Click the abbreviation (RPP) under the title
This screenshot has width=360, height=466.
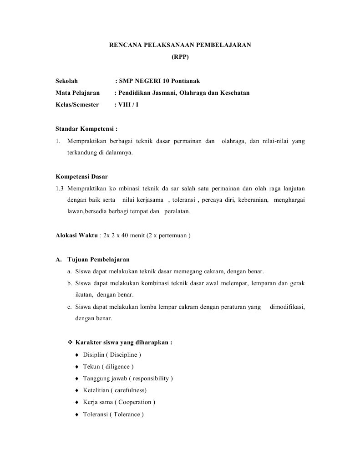[x=180, y=57]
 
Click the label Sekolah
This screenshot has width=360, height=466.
[x=66, y=81]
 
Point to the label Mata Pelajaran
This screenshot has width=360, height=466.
[x=77, y=93]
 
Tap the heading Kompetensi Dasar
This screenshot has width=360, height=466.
[x=81, y=176]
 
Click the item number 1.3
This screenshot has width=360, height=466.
[x=60, y=188]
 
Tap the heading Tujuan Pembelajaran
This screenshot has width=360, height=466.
[x=98, y=260]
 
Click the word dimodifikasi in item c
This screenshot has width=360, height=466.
[x=287, y=307]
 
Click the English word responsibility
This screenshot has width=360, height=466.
[x=151, y=379]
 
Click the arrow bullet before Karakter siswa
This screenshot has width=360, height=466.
[x=70, y=343]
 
